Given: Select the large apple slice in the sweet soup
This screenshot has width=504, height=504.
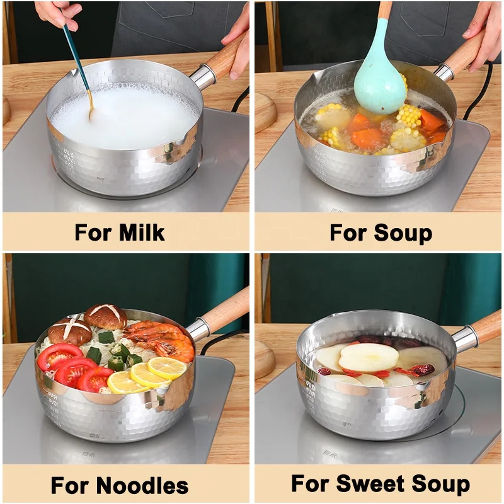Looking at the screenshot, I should coord(369,357).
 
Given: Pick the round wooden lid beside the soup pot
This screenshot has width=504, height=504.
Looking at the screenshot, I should coord(264,112).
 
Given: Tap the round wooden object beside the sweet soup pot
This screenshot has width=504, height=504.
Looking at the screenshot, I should coord(264,359).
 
